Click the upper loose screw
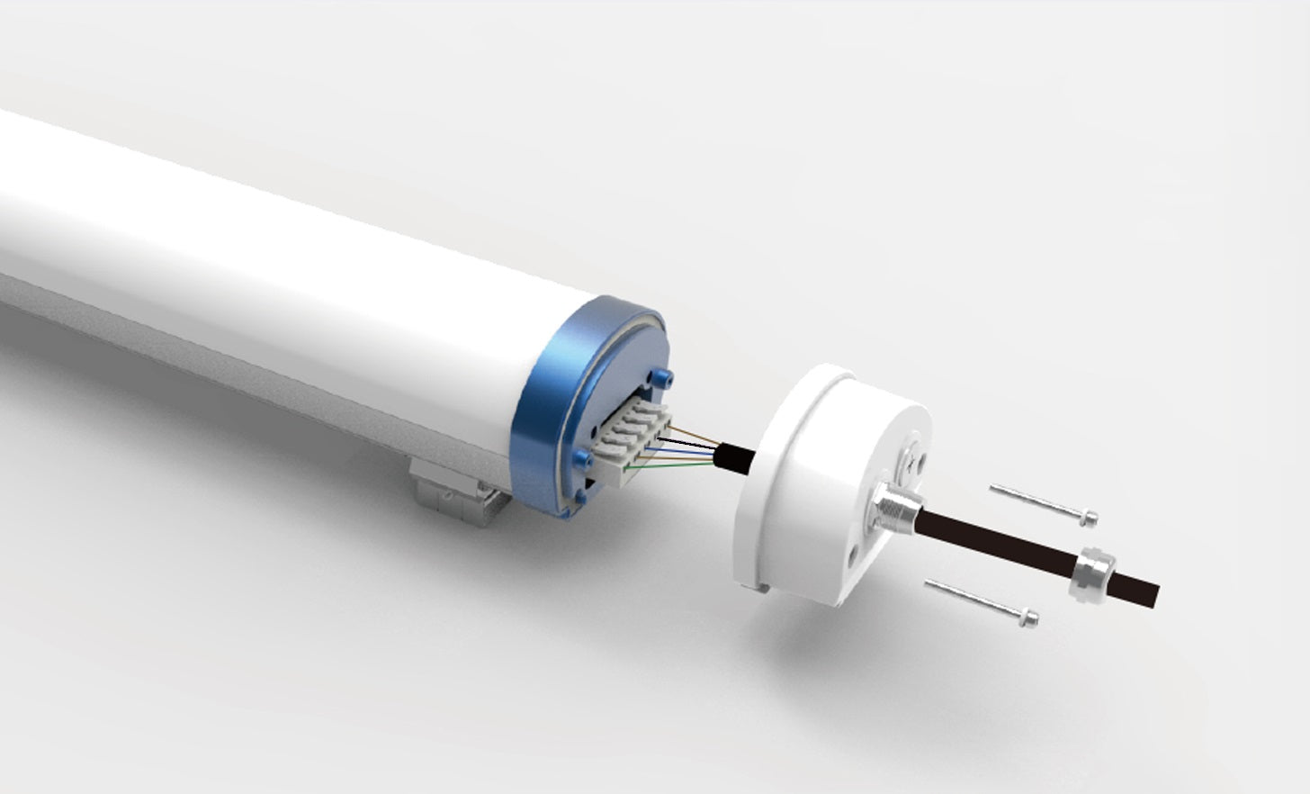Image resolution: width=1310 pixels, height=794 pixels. click(1044, 503)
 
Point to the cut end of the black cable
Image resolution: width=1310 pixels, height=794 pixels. click(1155, 595)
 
